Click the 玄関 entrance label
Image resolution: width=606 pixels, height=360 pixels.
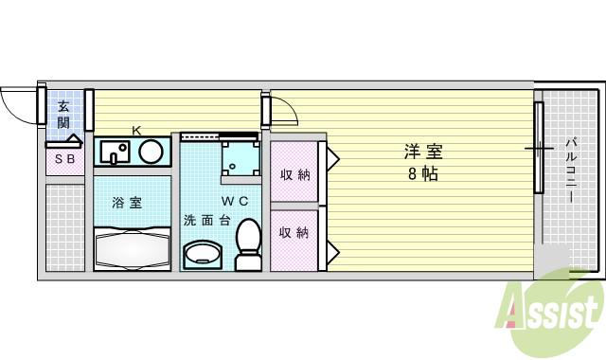[x=62, y=114]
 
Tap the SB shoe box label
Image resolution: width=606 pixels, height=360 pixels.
[x=63, y=159]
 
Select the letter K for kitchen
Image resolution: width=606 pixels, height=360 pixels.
[x=136, y=130]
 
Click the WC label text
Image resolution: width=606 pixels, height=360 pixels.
[x=236, y=201]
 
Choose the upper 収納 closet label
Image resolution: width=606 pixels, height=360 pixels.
[x=294, y=174]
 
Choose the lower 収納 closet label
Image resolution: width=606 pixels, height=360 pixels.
[x=294, y=232]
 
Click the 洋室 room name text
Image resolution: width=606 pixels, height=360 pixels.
[x=422, y=152]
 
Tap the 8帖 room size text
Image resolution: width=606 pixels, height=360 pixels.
[x=422, y=174]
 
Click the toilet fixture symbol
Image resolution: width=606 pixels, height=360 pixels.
[x=248, y=244]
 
